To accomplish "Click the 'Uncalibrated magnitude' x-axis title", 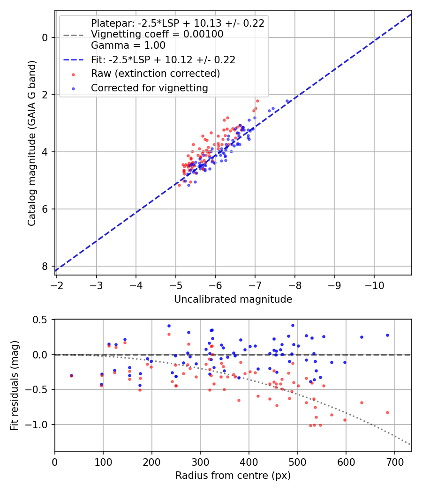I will (x=233, y=299).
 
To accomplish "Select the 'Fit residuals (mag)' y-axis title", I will (x=15, y=384).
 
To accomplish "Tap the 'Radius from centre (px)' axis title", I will (x=233, y=476).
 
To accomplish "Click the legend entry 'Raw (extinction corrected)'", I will (x=155, y=74).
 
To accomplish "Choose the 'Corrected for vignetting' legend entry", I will (x=149, y=88).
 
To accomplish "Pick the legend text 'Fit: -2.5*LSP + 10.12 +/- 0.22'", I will (x=163, y=60).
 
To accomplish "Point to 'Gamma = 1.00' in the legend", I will (x=128, y=45).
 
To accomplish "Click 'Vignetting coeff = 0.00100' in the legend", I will (x=157, y=34).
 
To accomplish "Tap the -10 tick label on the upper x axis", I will (x=374, y=285).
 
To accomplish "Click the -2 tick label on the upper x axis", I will (x=57, y=285).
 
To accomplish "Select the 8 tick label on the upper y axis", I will (x=45, y=266).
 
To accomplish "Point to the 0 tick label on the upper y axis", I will (x=45, y=37).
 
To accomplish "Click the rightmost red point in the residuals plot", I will (x=387, y=412).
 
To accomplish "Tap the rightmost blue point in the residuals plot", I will (x=387, y=335).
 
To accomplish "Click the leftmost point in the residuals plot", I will (x=71, y=375).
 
